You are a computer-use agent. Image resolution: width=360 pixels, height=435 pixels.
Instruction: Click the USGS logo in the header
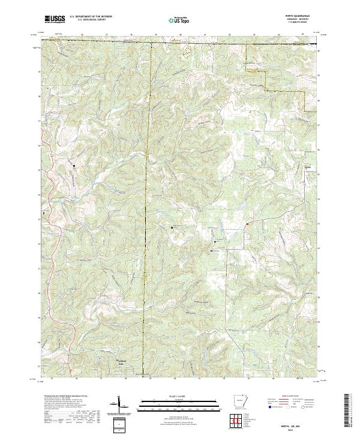point(55,19)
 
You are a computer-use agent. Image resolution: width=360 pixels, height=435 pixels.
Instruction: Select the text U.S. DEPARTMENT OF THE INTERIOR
point(91,16)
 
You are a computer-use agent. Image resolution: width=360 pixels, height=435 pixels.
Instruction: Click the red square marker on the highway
point(247,224)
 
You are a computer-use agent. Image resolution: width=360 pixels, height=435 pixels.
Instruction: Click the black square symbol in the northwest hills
point(75,166)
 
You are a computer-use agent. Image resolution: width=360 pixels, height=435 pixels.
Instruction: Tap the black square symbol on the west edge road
point(44,212)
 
